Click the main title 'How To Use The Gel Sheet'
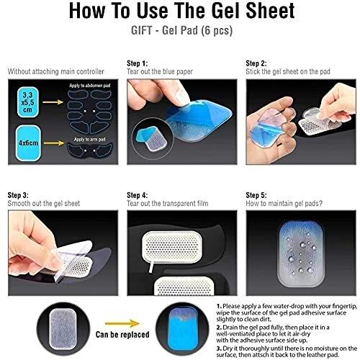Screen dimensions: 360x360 (x=181, y=11)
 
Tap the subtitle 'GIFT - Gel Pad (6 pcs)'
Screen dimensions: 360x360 (x=181, y=30)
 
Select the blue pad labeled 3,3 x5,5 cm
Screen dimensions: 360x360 (x=27, y=102)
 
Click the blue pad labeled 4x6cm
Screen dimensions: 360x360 (x=28, y=143)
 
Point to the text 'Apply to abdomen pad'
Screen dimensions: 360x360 (x=90, y=86)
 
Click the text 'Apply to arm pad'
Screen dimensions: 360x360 (x=89, y=140)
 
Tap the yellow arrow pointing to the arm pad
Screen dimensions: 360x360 (x=54, y=143)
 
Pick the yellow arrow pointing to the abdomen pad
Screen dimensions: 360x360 (x=53, y=102)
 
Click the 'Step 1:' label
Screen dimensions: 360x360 (x=138, y=63)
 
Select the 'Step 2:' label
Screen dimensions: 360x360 (x=256, y=63)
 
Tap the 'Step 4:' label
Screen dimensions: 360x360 (x=138, y=195)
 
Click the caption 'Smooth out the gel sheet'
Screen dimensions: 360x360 (x=44, y=204)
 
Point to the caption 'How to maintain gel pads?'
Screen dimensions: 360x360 (x=284, y=204)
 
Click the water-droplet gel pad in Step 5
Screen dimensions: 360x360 (x=301, y=254)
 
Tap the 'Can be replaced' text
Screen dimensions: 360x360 (x=122, y=335)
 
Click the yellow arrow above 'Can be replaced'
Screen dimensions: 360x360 (x=122, y=323)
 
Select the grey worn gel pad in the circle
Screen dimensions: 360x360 (x=63, y=329)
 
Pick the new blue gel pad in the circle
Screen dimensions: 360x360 (x=184, y=329)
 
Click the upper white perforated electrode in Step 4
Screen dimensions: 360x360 (x=172, y=247)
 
